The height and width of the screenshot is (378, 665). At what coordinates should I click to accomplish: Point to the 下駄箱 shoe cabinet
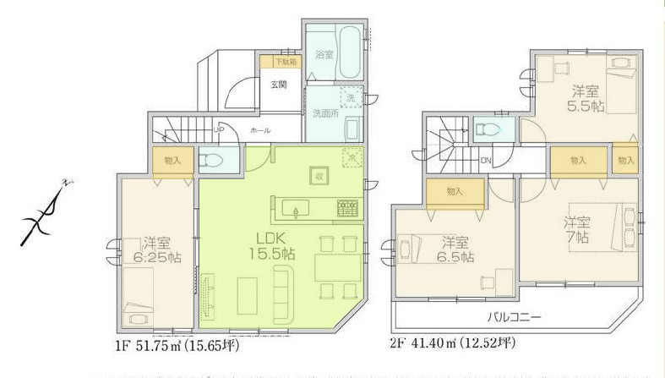click(279, 61)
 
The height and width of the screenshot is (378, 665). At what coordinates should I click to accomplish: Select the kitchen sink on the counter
click(298, 207)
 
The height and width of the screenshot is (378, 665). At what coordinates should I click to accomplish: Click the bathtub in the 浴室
click(347, 42)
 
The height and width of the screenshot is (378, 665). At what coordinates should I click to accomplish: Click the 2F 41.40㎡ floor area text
click(453, 344)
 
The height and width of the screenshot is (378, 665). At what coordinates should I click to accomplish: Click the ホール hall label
click(260, 131)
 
